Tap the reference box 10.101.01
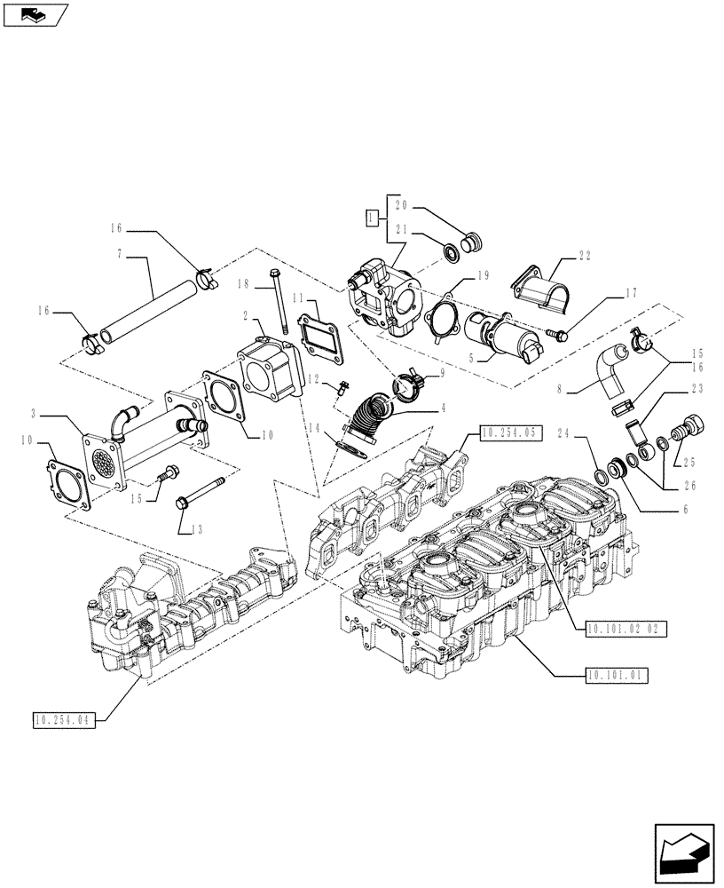pos(617,675)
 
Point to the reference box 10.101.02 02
pos(626,628)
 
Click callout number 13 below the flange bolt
pos(196,530)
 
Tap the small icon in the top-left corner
pos(35,14)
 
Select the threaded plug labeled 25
pos(687,430)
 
